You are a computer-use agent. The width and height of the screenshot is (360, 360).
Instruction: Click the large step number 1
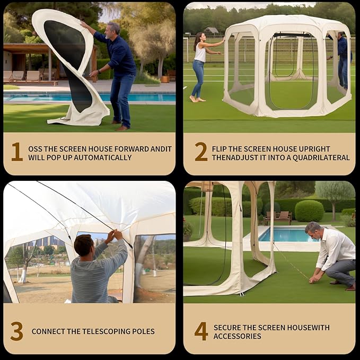coord(17,152)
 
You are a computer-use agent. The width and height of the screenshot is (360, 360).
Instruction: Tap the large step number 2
coord(201,152)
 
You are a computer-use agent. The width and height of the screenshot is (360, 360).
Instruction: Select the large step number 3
coord(17,331)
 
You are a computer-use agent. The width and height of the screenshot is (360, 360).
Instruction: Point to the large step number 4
coord(201,331)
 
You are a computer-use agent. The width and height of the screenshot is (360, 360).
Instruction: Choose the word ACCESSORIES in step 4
coord(237,336)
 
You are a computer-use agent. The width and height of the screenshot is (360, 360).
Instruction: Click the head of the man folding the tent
coord(113,30)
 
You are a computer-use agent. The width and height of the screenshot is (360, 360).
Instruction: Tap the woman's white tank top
coord(200,53)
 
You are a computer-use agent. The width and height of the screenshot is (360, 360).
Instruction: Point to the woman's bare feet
coord(197,99)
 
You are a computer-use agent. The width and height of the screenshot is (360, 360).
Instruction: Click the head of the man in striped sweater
coord(84,245)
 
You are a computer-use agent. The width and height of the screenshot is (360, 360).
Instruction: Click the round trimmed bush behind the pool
coord(309,211)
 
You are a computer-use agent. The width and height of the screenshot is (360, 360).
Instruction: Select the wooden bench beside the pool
coord(278,217)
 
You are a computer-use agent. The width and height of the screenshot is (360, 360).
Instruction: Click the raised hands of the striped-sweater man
coord(115,235)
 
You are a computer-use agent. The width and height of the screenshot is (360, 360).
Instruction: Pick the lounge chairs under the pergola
coord(25,76)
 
